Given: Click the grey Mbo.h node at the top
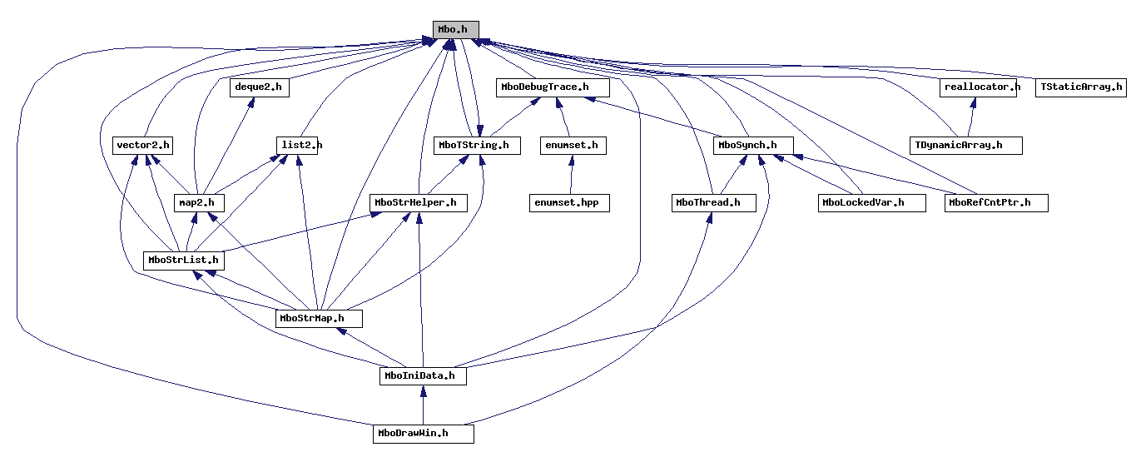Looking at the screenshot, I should [455, 29].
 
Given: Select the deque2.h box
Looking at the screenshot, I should [258, 87].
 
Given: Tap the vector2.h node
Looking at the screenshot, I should [142, 146].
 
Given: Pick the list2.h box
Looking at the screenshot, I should [299, 146].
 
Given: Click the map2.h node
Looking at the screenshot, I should [198, 203].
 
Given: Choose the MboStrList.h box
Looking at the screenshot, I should [183, 261].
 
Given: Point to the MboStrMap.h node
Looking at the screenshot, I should [319, 318].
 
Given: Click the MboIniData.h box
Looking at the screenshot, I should [423, 376].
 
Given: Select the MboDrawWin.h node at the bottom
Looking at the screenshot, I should [423, 434].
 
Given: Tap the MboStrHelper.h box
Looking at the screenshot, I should [419, 203].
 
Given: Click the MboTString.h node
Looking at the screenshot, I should [478, 146].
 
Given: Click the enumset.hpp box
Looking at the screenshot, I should [570, 203].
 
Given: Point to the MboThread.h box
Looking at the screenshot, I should [714, 203].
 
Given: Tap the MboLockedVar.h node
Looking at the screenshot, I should [871, 203].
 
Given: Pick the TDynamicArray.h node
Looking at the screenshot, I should [965, 146].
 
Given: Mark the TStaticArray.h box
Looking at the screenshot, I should [1081, 87].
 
